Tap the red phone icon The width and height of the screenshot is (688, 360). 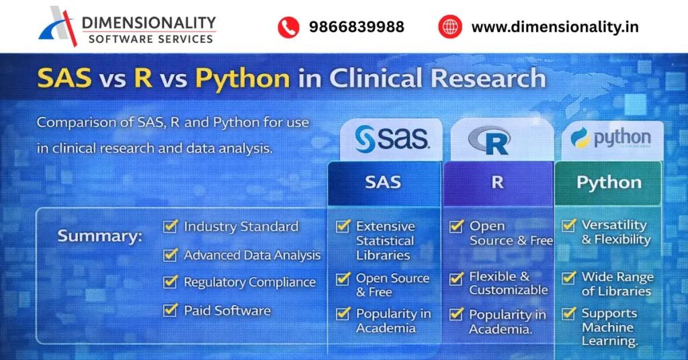(x=288, y=27)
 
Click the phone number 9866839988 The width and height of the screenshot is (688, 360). (x=356, y=27)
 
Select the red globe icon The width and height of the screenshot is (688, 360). (x=450, y=27)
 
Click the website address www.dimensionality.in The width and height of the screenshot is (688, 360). (x=555, y=27)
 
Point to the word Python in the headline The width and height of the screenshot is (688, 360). (x=243, y=79)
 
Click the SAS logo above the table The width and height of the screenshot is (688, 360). (x=392, y=139)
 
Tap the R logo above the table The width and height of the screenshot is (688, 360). (x=489, y=140)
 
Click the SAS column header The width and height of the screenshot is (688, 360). (x=383, y=182)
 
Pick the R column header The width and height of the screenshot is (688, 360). (x=497, y=182)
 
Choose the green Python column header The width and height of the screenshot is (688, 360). (x=609, y=183)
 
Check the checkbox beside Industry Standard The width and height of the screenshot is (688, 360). (x=170, y=226)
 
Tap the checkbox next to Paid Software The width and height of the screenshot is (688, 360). (x=170, y=310)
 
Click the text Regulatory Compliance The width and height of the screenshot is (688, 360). (x=249, y=283)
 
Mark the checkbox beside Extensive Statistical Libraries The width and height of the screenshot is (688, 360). (x=343, y=226)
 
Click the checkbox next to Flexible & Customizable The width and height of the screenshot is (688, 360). (x=456, y=277)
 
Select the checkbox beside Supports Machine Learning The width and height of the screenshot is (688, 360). (x=569, y=313)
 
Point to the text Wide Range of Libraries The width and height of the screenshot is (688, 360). (x=616, y=284)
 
